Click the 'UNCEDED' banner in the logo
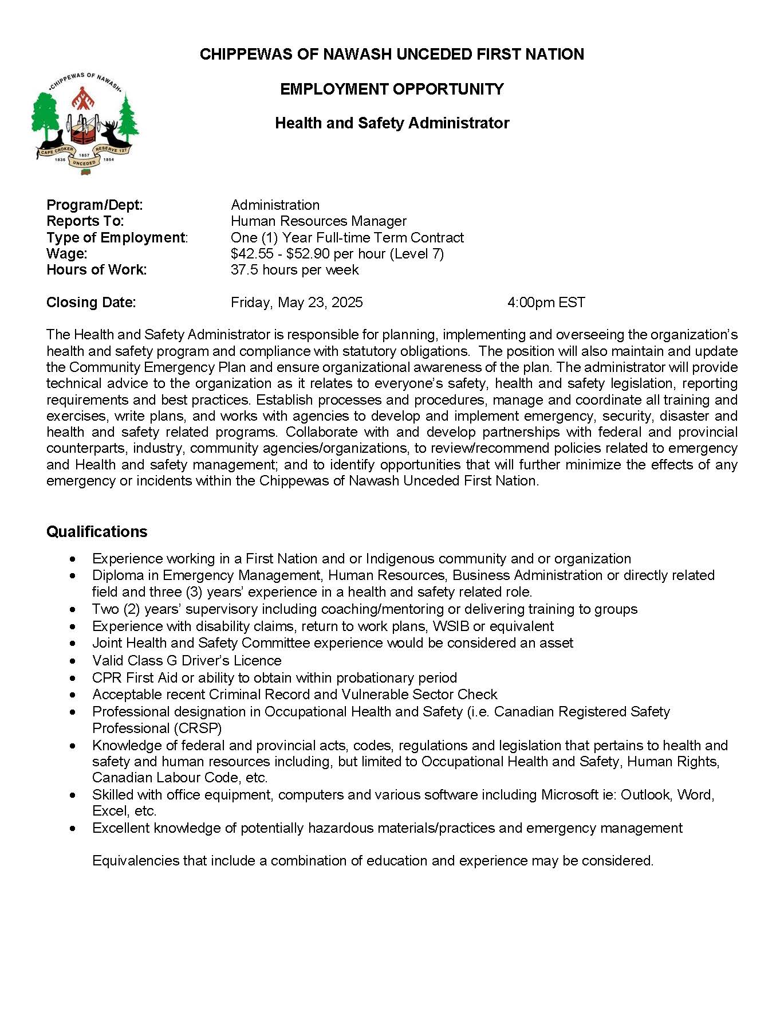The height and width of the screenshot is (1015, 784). point(85,163)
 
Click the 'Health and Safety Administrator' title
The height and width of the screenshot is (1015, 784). point(392,123)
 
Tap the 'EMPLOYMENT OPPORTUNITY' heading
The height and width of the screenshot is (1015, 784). point(392,89)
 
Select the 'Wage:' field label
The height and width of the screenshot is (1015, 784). point(67,253)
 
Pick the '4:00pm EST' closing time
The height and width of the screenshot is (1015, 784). point(546,303)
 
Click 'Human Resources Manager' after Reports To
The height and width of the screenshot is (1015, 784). point(318,221)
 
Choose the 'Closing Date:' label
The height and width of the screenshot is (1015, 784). point(91,303)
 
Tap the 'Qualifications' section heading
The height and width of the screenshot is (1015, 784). point(97,532)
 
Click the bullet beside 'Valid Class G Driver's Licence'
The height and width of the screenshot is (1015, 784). point(72,661)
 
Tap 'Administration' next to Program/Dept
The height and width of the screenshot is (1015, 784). point(275,205)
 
